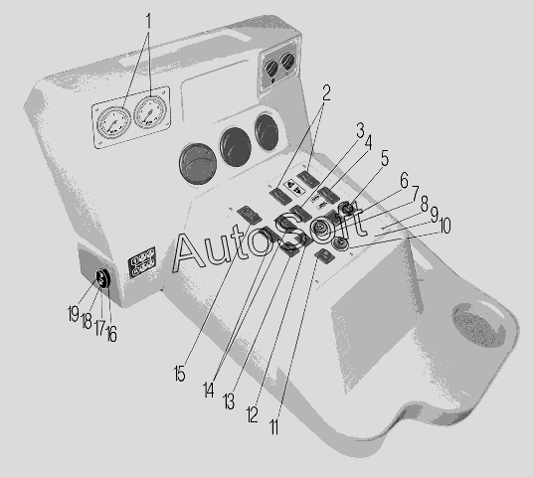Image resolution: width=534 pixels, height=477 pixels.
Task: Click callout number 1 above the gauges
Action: coord(148,21)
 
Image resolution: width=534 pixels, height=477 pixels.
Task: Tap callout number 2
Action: coord(326,92)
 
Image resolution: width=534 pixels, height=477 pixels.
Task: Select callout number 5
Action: coord(384,158)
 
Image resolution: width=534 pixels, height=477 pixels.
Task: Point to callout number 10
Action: coord(445,226)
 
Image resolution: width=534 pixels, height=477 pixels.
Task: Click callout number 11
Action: coord(274,426)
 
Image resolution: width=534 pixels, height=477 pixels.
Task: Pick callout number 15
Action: coord(179,374)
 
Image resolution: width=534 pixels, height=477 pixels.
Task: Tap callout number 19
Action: coord(74,313)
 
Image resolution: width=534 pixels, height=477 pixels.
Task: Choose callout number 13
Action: coord(229,401)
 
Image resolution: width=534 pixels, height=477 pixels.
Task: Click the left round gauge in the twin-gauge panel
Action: coord(113,123)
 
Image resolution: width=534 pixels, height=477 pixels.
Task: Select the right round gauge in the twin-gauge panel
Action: coord(150,112)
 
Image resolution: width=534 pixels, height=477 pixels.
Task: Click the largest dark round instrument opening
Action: coord(198,164)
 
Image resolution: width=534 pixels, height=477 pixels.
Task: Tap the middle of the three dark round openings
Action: coord(236,147)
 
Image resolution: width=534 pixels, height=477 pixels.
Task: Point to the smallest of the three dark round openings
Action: coord(267,133)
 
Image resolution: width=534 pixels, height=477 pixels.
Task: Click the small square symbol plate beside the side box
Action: coord(141,262)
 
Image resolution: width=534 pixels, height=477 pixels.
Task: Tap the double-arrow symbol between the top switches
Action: coord(294,188)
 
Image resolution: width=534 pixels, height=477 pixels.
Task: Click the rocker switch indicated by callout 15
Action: coord(250,215)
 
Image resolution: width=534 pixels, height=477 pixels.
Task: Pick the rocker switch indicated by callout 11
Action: coord(324,255)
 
